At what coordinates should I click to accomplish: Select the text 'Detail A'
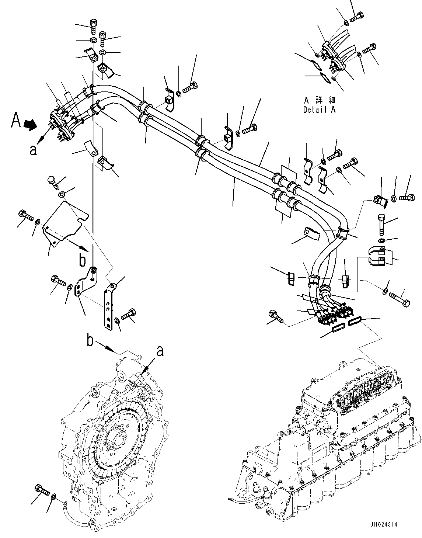point(319,110)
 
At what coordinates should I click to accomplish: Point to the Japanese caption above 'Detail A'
point(319,100)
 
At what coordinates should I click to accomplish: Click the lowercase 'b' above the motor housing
point(90,340)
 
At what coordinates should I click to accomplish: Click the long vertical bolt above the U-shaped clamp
point(381,225)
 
